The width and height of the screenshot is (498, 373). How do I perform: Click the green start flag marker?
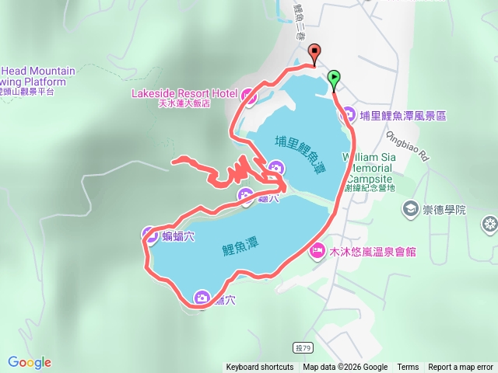334,77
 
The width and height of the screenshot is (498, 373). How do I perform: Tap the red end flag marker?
314,53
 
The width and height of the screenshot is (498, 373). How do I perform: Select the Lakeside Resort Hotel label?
184,93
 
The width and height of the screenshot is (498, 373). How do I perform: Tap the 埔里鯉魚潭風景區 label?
403,116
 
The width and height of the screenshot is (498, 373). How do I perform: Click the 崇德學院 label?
445,210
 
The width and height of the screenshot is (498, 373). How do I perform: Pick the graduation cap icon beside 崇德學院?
410,209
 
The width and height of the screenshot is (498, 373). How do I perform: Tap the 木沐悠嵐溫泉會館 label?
373,251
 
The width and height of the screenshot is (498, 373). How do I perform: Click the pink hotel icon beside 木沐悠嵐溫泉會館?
317,250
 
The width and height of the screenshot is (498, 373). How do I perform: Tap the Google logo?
30,362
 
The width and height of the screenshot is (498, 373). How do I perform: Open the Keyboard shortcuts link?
260,368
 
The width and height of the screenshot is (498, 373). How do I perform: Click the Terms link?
408,368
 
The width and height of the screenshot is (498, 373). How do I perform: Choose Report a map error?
461,368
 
